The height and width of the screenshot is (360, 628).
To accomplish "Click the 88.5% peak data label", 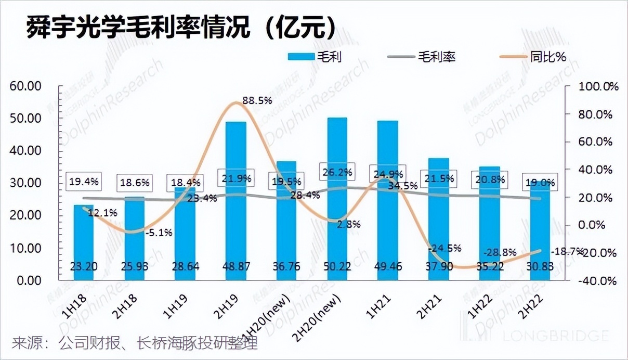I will [257, 100].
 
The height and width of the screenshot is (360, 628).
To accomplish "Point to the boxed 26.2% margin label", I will [337, 171].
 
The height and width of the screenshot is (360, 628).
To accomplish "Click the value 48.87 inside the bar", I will [235, 266].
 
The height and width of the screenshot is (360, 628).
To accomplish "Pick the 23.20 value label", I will [83, 266].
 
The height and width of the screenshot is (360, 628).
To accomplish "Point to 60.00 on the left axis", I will [26, 86].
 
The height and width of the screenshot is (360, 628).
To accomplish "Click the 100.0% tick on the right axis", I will [598, 86].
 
